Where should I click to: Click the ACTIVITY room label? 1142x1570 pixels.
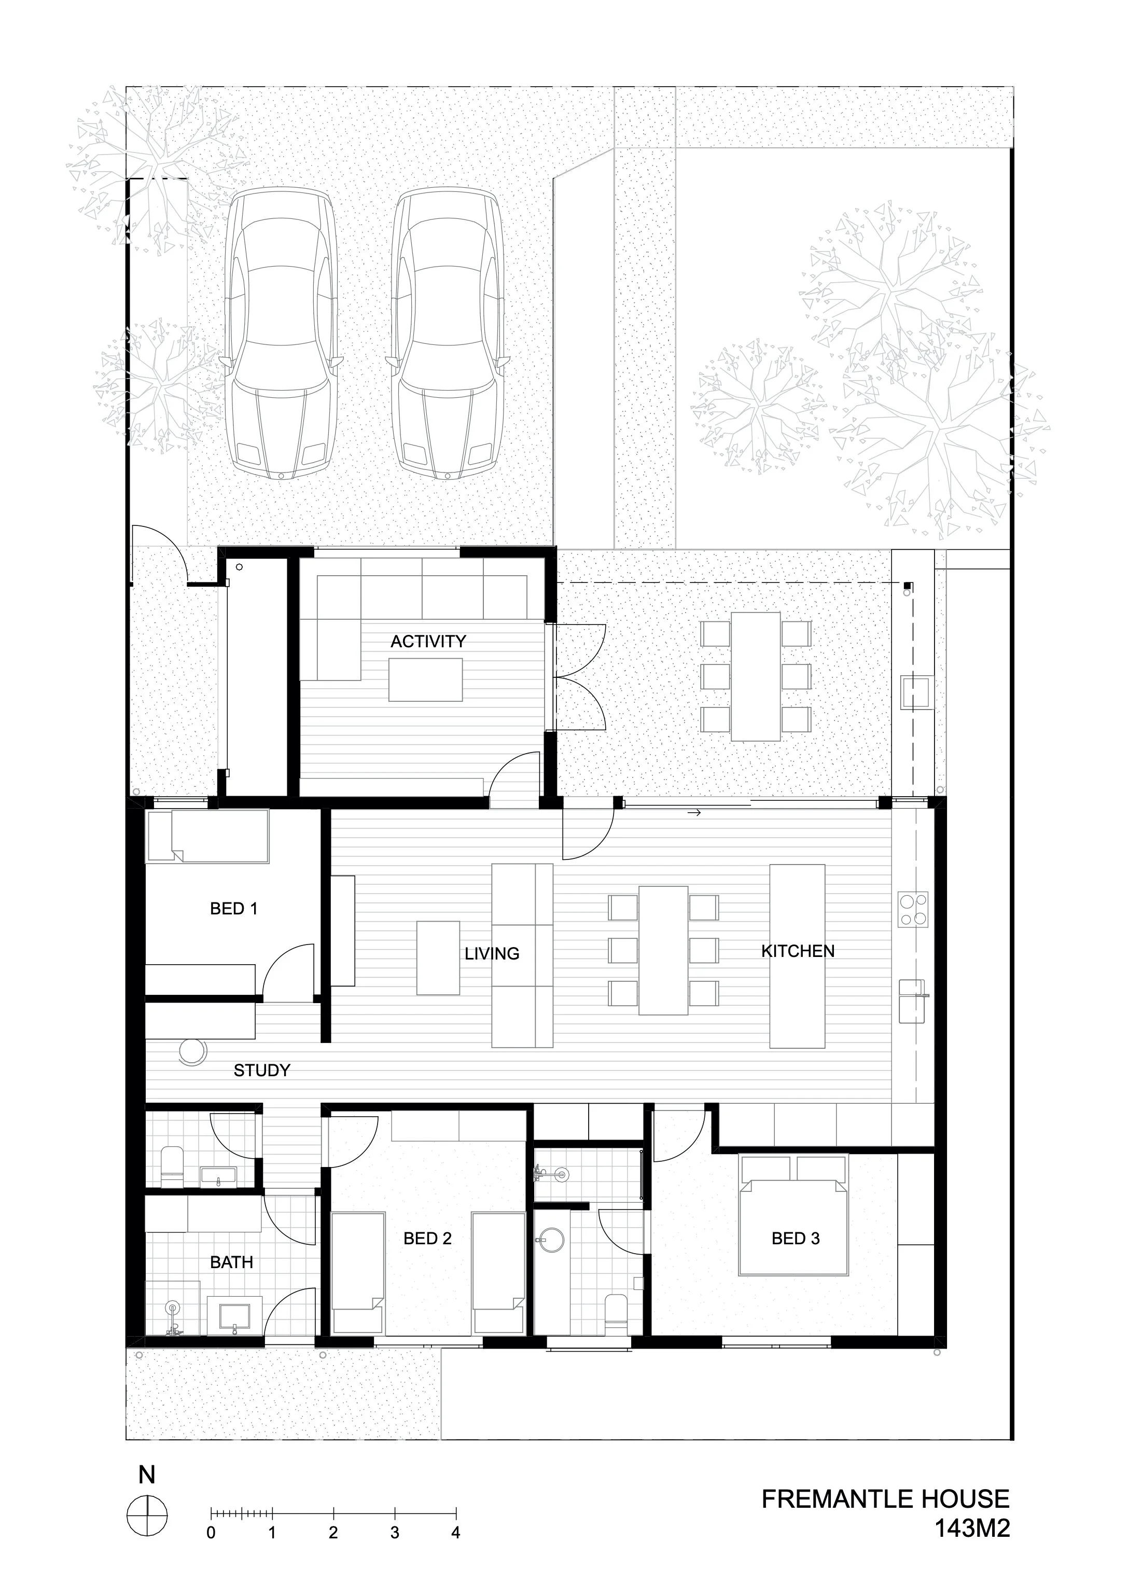428,641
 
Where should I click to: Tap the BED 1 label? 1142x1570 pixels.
233,909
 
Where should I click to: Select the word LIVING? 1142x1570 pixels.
492,954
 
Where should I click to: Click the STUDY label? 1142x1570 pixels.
261,1070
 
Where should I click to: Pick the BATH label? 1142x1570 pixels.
231,1262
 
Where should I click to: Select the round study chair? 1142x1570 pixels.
192,1050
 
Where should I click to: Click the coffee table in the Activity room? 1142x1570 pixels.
426,680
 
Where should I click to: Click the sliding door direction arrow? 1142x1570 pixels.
694,812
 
